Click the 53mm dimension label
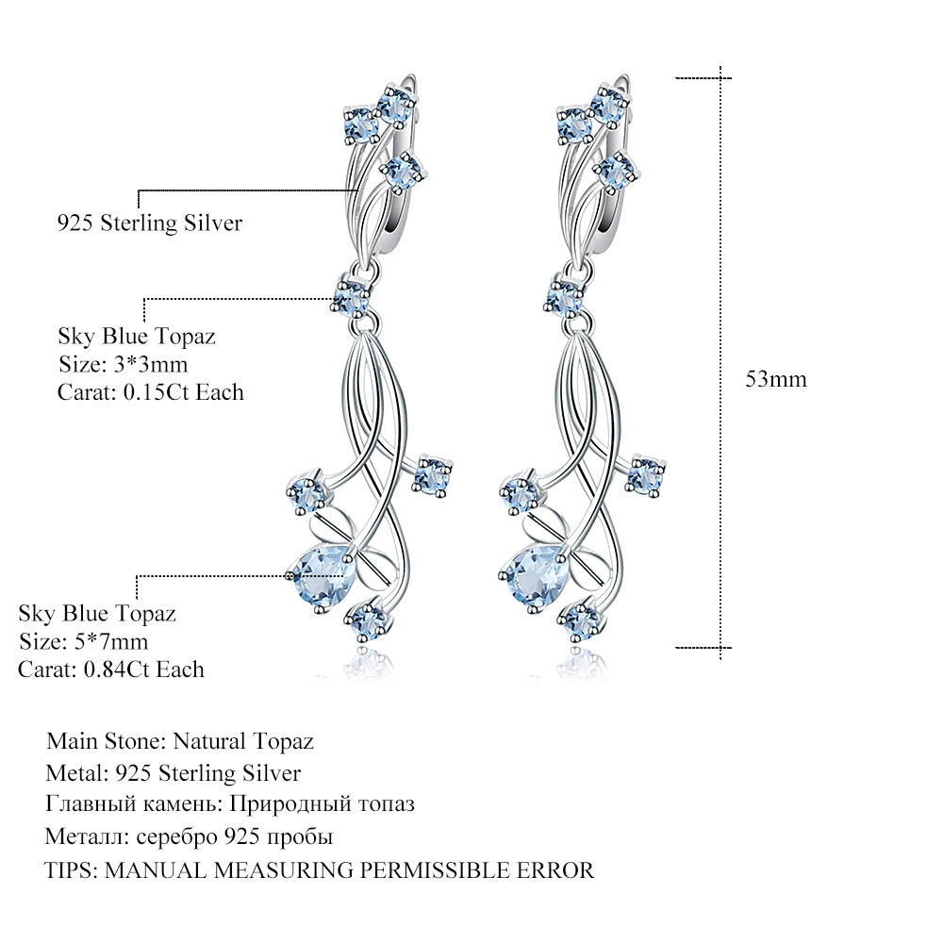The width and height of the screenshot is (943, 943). pos(776,379)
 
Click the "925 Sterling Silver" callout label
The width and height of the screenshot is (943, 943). pos(149,223)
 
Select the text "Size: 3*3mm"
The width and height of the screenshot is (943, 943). pos(130,363)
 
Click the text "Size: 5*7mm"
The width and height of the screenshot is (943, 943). pos(84,642)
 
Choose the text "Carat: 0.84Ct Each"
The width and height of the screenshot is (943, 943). pos(111,670)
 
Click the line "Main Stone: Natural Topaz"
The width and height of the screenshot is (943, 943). pos(179,741)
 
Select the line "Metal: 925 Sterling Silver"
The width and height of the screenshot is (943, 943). pos(174,773)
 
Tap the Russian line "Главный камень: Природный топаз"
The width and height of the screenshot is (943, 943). pos(230,804)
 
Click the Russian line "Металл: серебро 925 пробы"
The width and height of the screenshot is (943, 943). pos(190,836)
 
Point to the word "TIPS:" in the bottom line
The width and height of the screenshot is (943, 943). pos(72,869)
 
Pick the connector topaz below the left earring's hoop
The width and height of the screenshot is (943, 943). pos(351,298)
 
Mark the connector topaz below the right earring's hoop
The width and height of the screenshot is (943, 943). pos(563,298)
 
